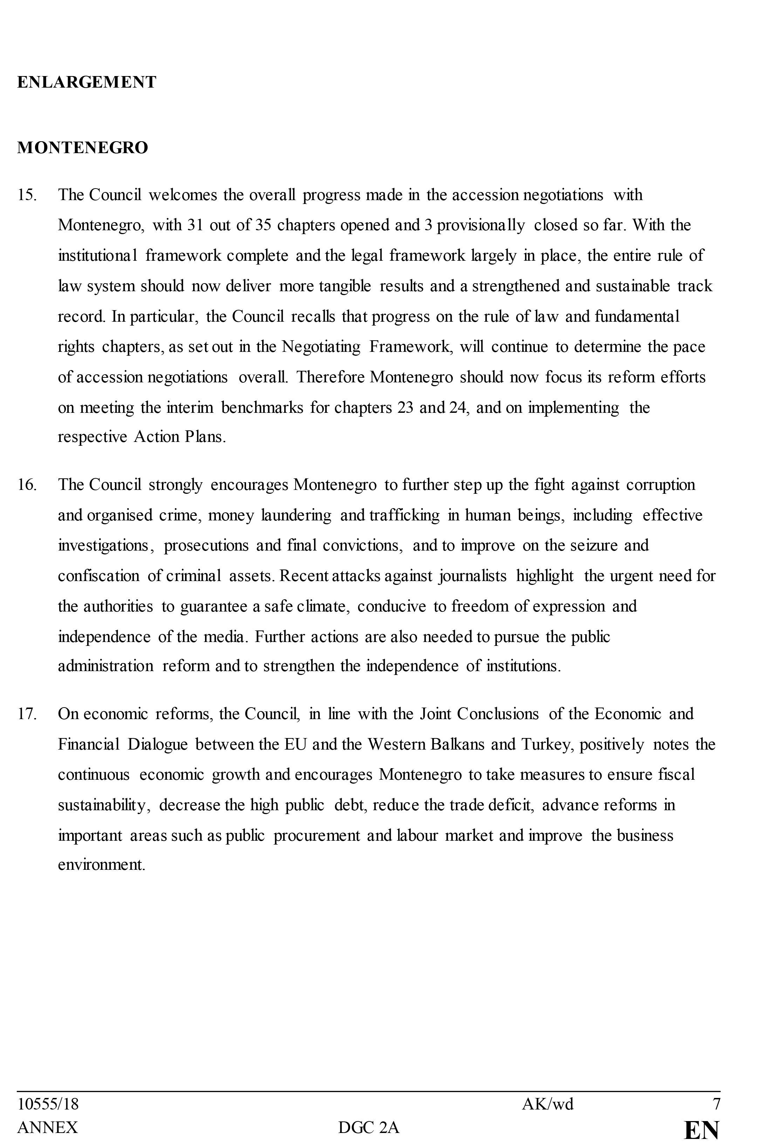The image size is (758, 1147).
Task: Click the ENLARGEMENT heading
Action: click(87, 82)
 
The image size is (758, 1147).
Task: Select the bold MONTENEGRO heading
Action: click(83, 148)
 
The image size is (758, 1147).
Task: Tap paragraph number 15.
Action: click(27, 195)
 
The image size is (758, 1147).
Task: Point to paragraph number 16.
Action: click(27, 485)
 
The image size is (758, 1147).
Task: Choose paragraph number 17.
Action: click(27, 714)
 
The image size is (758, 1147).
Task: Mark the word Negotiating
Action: click(321, 347)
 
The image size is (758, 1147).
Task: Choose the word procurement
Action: click(317, 836)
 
